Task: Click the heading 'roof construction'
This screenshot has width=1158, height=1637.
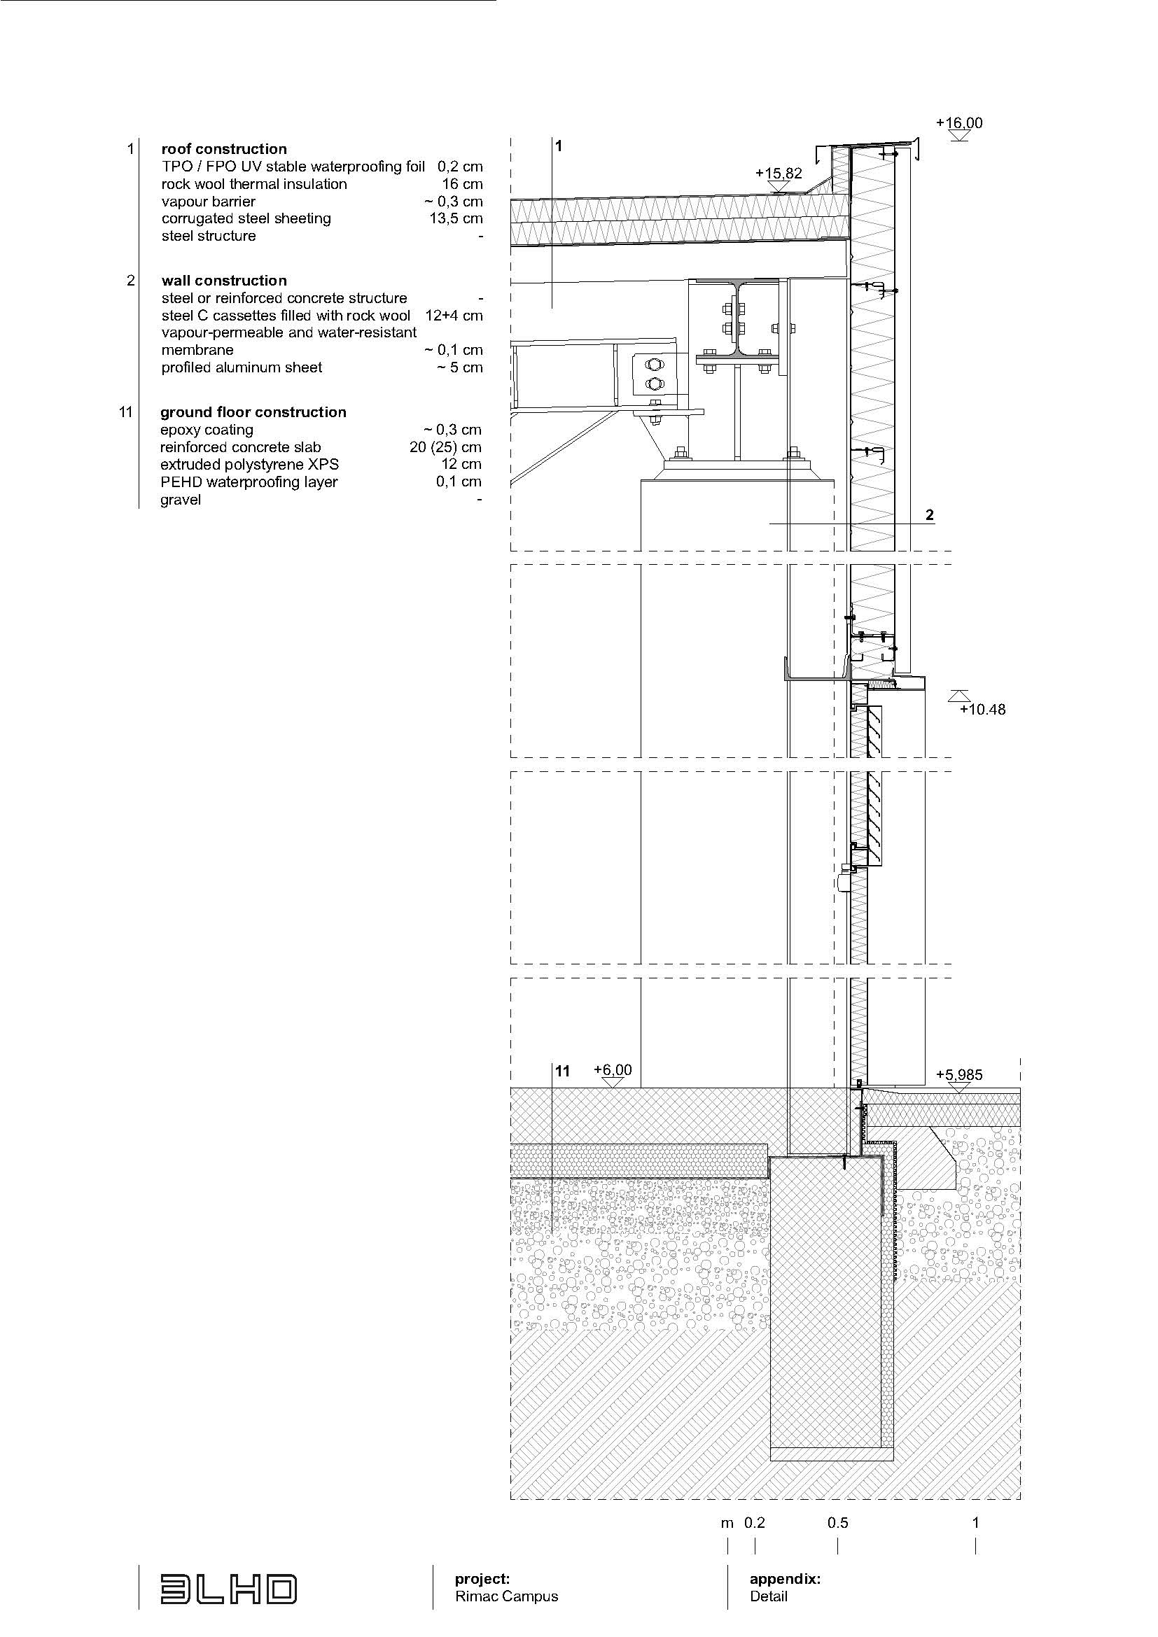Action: click(224, 149)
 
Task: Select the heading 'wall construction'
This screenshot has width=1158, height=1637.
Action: click(224, 281)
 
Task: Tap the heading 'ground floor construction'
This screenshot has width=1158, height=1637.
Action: click(253, 412)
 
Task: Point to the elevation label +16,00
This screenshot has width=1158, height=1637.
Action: click(959, 122)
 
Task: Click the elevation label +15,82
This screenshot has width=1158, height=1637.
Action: click(779, 174)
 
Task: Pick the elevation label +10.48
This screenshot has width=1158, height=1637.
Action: click(982, 710)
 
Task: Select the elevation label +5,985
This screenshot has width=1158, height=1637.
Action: click(959, 1074)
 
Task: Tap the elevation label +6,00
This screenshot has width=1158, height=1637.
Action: click(613, 1069)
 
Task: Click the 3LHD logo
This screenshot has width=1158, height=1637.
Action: click(228, 1589)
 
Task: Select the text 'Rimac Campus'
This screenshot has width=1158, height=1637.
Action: click(506, 1596)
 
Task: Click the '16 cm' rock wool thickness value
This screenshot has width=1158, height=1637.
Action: click(463, 184)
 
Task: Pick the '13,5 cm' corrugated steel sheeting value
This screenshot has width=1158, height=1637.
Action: click(456, 218)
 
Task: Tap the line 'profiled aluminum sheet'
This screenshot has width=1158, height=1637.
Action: click(242, 367)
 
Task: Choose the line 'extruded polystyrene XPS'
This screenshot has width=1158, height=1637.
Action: click(249, 464)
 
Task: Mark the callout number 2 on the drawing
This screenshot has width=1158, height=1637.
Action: click(929, 515)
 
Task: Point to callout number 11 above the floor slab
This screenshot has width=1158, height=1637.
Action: click(563, 1072)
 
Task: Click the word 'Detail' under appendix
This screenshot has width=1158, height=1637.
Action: click(769, 1596)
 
